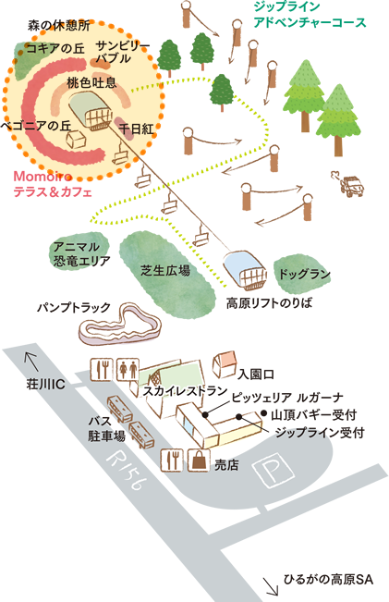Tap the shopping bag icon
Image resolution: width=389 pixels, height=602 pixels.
(199, 460)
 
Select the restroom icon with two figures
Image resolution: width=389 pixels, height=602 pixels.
(128, 370)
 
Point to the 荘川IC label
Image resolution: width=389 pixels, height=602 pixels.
(45, 385)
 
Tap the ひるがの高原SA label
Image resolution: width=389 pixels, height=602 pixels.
(328, 579)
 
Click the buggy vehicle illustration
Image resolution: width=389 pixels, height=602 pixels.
(348, 184)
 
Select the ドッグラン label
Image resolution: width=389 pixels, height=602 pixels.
(304, 275)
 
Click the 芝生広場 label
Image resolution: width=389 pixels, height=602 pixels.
(165, 271)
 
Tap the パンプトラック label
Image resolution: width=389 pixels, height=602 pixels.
(74, 307)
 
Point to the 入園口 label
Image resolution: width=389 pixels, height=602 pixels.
(256, 374)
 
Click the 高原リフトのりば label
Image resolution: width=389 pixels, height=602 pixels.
(269, 303)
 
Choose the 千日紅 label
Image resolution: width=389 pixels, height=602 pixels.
(136, 129)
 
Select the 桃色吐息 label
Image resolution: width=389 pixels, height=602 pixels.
(91, 83)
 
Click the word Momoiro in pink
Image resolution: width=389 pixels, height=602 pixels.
(43, 177)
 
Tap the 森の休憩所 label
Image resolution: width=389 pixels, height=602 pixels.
(59, 26)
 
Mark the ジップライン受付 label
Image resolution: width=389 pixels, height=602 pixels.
(320, 433)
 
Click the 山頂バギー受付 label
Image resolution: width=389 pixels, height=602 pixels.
(314, 414)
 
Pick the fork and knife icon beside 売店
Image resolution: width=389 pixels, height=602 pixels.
(172, 460)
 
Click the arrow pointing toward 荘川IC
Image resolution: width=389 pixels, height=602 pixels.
(31, 362)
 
